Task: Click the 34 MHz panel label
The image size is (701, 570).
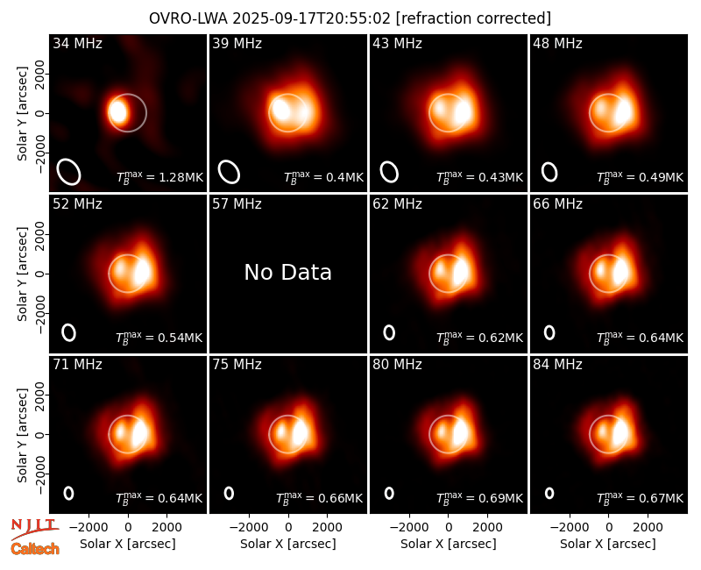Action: [77, 43]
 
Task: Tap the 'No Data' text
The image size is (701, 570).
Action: [288, 272]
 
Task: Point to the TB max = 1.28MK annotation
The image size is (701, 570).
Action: [160, 177]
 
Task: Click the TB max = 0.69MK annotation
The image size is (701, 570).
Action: [479, 497]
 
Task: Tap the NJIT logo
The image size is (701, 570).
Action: [34, 529]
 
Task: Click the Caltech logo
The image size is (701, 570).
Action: [35, 549]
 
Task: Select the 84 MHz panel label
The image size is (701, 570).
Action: [557, 365]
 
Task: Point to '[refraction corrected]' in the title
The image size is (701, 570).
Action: [473, 18]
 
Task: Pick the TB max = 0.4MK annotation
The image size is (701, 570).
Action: [323, 177]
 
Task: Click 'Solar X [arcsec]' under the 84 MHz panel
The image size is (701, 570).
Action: [608, 544]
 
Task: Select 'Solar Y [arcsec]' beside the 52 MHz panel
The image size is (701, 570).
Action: [22, 274]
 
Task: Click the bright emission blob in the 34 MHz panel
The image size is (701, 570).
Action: [118, 111]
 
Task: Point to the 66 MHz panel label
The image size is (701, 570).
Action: [557, 204]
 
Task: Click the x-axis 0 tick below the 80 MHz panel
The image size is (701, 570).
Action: [449, 528]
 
